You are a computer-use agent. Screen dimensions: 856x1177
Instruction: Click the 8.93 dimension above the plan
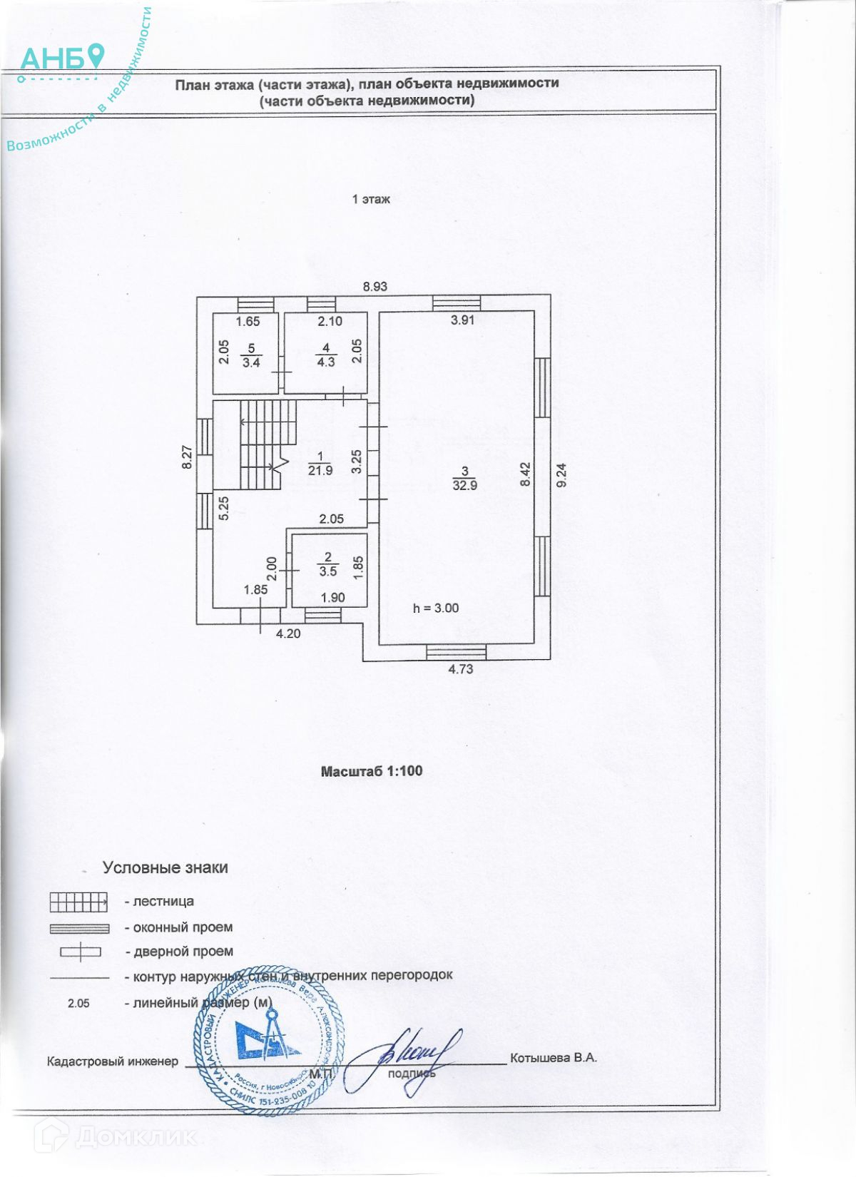[374, 287]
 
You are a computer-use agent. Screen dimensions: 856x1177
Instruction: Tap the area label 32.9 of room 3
[464, 486]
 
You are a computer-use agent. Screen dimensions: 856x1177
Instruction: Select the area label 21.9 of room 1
[320, 471]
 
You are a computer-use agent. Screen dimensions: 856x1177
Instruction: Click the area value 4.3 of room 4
[326, 362]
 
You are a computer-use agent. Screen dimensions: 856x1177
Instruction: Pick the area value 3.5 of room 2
[328, 571]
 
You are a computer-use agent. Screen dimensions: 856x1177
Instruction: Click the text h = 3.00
[436, 608]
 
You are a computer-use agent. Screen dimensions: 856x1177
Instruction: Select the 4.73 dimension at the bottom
[460, 669]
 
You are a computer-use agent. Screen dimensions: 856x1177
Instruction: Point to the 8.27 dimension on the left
[187, 457]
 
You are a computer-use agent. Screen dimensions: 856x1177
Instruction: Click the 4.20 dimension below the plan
[288, 633]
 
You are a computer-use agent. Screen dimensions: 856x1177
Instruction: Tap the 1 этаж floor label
[371, 200]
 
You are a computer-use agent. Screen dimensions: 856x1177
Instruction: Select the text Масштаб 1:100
[372, 771]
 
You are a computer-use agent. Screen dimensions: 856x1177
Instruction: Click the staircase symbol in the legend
[78, 902]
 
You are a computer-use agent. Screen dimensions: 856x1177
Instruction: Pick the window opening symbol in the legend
[79, 929]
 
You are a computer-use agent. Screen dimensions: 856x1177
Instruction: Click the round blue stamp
[267, 1041]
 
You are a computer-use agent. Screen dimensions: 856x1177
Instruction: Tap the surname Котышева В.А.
[553, 1058]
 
